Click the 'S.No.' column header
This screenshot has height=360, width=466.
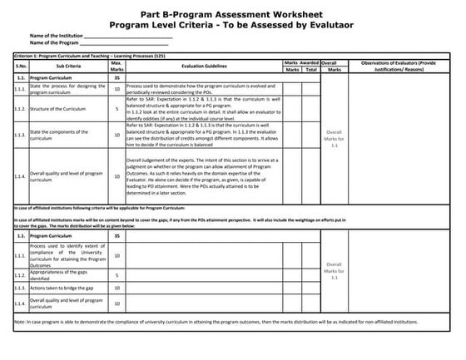click(x=21, y=64)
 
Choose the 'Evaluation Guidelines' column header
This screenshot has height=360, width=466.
click(x=204, y=64)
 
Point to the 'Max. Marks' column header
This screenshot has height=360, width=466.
click(x=116, y=64)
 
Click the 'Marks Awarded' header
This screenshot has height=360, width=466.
click(x=300, y=61)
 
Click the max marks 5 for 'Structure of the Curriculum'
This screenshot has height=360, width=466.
click(x=116, y=108)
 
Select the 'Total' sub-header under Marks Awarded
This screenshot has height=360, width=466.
click(x=310, y=68)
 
